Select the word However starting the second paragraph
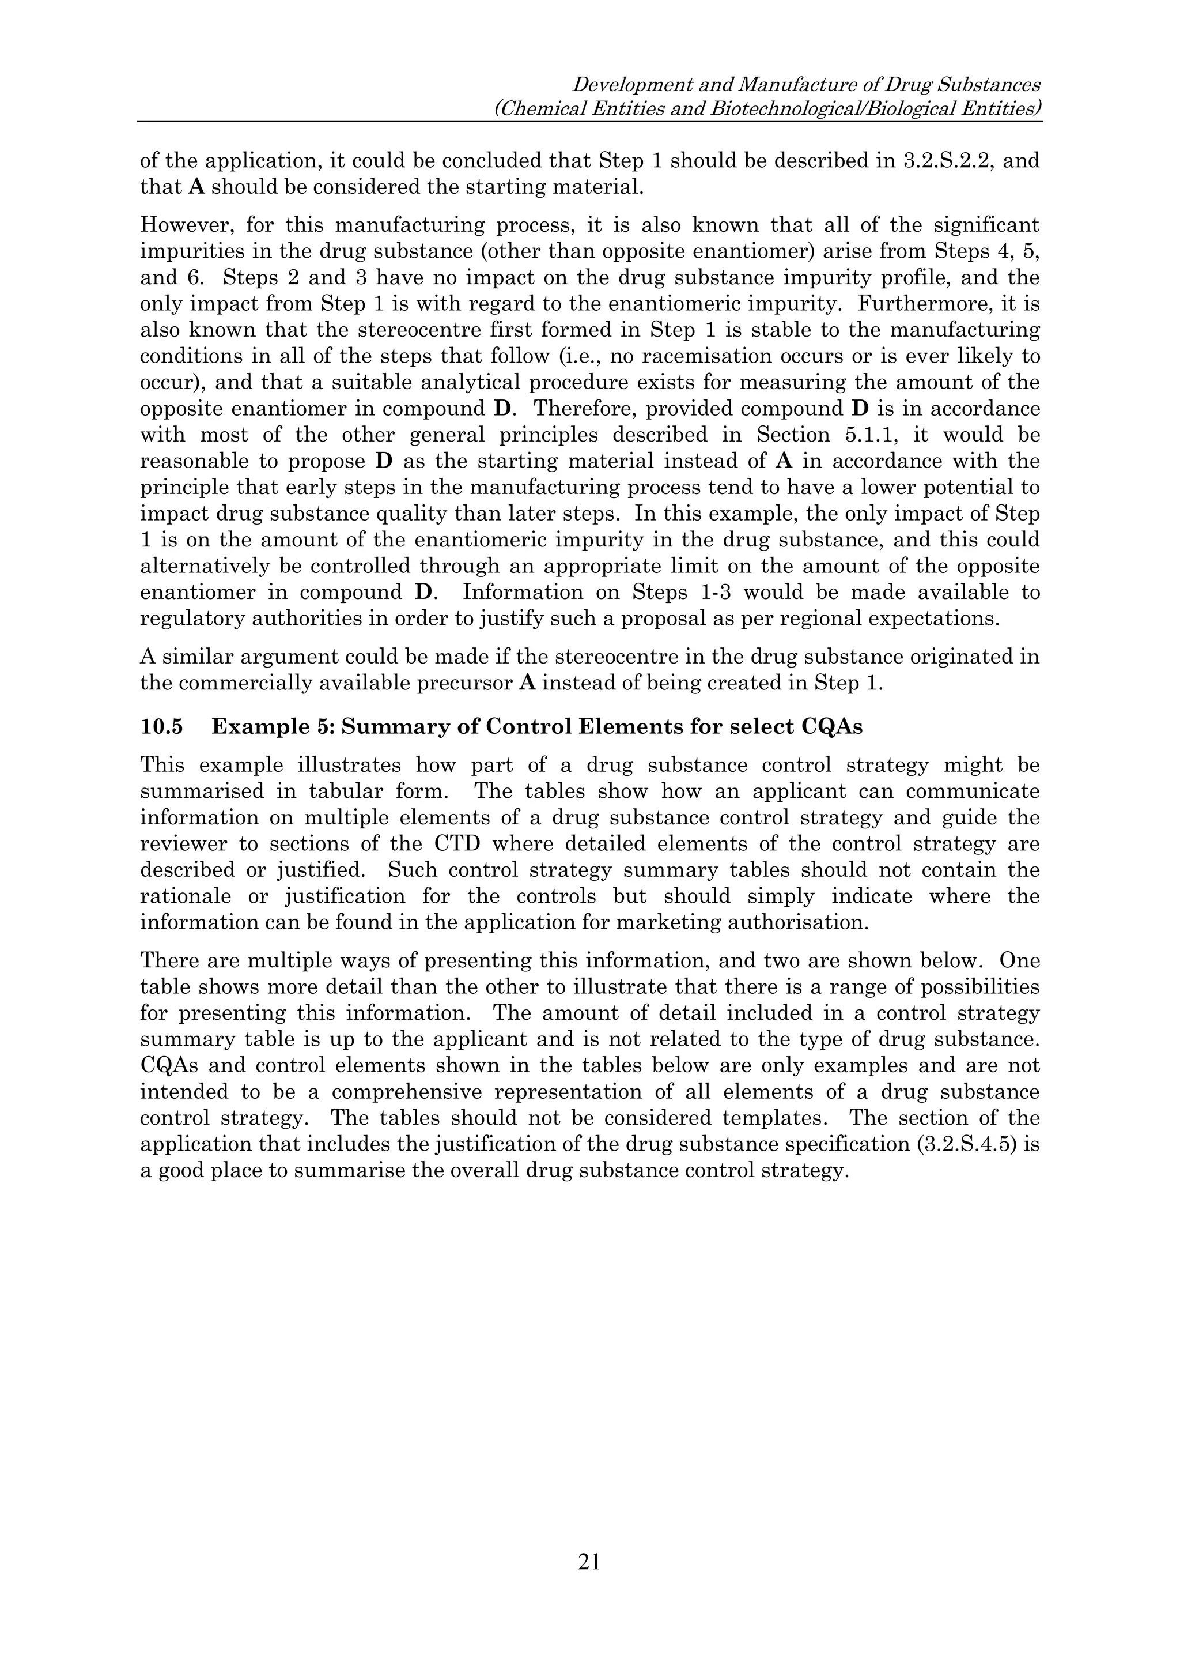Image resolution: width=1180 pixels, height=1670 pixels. click(x=186, y=225)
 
